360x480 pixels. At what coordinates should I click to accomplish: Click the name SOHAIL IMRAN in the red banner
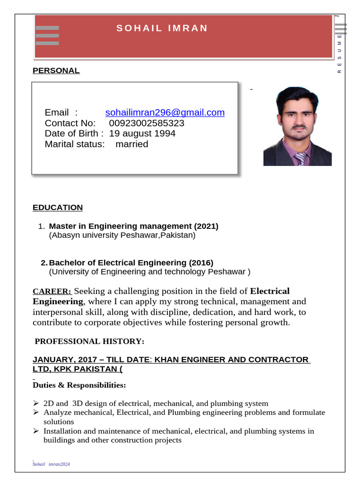(x=162, y=28)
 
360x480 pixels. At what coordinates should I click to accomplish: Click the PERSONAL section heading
(x=56, y=71)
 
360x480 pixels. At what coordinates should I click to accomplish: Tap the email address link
(x=165, y=112)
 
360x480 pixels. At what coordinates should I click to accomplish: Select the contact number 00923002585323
(x=147, y=123)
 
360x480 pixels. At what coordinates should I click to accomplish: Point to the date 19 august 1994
(x=142, y=134)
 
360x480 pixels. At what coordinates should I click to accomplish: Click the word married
(x=132, y=144)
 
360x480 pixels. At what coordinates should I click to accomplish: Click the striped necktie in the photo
(x=300, y=159)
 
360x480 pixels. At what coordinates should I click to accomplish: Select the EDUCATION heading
(x=58, y=208)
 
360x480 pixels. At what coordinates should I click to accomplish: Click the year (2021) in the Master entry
(x=205, y=226)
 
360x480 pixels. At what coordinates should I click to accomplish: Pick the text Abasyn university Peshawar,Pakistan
(x=122, y=235)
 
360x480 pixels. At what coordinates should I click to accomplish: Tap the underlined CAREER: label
(x=52, y=292)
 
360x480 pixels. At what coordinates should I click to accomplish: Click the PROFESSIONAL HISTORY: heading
(x=90, y=341)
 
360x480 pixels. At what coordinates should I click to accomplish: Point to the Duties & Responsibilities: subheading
(x=79, y=385)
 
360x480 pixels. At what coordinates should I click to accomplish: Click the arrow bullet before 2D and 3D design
(x=36, y=403)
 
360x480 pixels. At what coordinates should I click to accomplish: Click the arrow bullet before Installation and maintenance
(x=36, y=431)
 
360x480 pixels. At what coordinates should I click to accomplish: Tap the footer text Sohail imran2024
(x=51, y=464)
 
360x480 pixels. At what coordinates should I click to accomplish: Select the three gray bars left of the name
(x=47, y=36)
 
